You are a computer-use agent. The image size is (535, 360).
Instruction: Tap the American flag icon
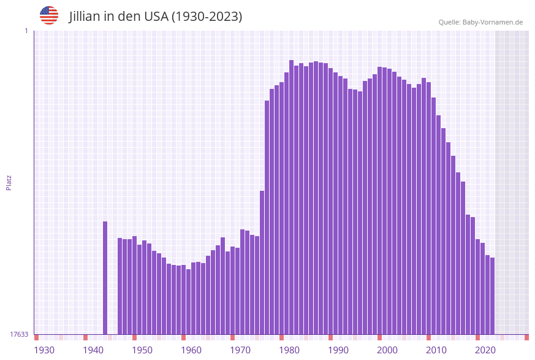49,15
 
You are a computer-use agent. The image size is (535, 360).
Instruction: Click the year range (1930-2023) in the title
207,17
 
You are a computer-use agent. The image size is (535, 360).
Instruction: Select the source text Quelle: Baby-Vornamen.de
480,22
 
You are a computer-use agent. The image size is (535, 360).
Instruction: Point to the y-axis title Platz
9,182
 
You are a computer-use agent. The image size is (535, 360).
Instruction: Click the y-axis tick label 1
26,31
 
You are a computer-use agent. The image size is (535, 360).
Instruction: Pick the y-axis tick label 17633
19,334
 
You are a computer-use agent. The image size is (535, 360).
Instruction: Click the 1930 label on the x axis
44,350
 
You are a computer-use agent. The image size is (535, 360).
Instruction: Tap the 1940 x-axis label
93,350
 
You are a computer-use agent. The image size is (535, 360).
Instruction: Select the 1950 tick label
142,350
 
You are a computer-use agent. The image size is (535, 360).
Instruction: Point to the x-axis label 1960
191,350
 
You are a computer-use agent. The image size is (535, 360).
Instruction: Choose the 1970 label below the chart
240,350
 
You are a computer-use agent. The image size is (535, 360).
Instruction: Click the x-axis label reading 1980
289,350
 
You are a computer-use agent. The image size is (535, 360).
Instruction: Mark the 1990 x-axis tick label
338,350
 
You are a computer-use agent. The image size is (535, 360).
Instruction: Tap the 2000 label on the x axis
387,350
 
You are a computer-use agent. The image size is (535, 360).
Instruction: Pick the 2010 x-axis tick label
436,350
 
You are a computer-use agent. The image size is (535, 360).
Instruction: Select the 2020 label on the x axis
485,350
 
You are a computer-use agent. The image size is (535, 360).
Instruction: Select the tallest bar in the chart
292,196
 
